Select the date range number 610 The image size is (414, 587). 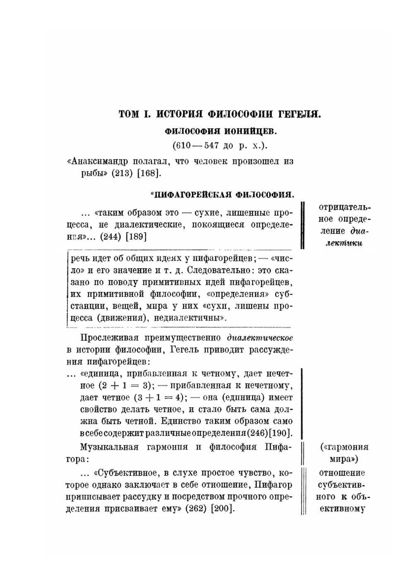(x=181, y=146)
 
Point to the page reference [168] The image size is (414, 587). (x=148, y=173)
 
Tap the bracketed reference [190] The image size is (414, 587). (x=281, y=433)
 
